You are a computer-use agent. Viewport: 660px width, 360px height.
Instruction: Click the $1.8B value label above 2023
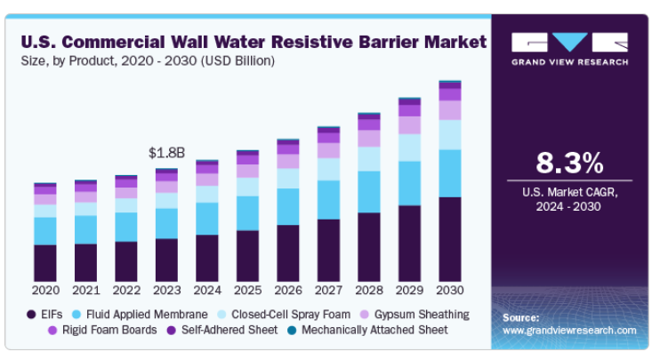pos(166,152)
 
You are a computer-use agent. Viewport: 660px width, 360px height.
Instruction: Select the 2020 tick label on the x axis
pos(44,290)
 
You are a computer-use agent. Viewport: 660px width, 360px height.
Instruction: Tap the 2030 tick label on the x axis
pos(449,290)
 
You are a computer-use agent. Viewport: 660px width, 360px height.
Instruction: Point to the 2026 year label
pos(287,290)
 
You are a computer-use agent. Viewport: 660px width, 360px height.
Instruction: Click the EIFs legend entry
pos(50,314)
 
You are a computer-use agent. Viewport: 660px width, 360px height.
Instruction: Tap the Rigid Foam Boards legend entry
pos(105,330)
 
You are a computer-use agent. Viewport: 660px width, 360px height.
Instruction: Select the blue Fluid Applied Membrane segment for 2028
pos(368,191)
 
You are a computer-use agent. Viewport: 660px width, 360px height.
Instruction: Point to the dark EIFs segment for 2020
pos(44,262)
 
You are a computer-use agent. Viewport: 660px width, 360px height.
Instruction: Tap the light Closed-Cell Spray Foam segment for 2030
pos(449,134)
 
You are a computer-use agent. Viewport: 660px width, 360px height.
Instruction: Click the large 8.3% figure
pos(569,164)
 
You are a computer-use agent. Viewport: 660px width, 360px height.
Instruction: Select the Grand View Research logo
pos(569,48)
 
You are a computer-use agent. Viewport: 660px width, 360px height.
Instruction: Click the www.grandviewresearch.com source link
pos(569,330)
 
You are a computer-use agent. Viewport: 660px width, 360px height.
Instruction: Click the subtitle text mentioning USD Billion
pos(147,60)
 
